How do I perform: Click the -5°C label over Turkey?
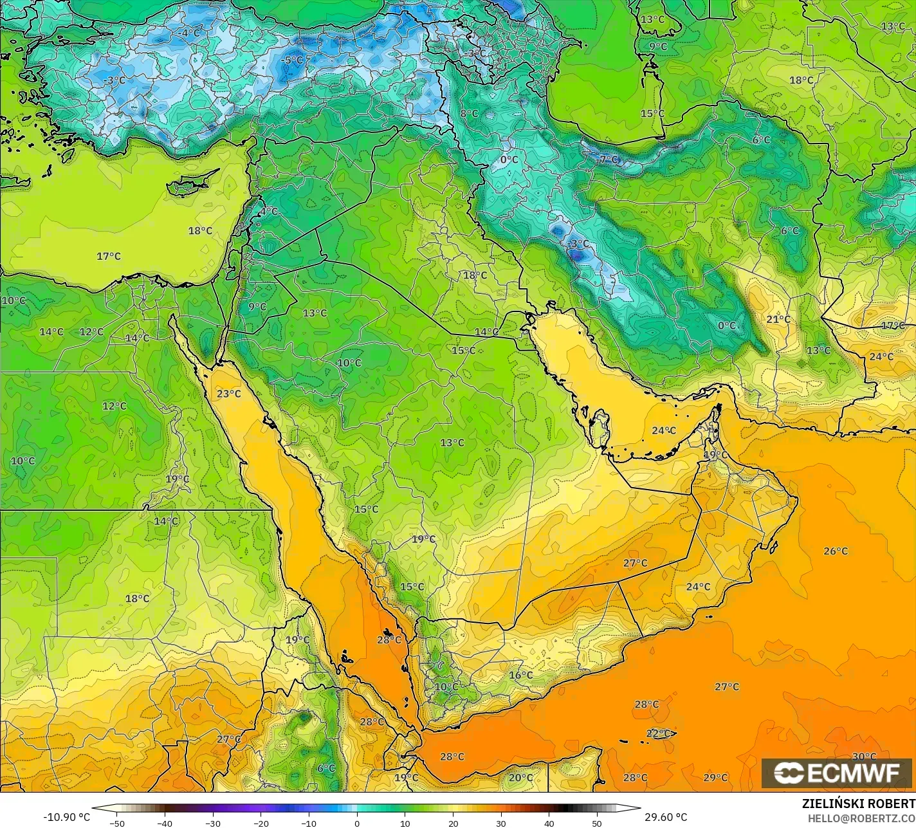click(x=293, y=60)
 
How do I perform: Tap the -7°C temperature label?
click(x=608, y=159)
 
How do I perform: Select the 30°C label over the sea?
click(x=864, y=756)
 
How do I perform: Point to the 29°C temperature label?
click(x=715, y=777)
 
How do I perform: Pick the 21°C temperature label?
click(x=778, y=319)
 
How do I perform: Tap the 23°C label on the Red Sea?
click(x=228, y=393)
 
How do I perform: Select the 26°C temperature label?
click(x=836, y=551)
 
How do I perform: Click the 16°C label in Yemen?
click(x=520, y=675)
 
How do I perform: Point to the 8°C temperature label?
click(x=468, y=113)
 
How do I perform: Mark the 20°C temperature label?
click(x=520, y=777)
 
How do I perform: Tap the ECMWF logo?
click(x=836, y=773)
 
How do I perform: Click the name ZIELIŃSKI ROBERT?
click(x=858, y=804)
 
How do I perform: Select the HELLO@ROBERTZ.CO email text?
click(x=861, y=817)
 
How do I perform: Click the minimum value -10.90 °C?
click(x=66, y=817)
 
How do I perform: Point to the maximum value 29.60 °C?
click(x=666, y=817)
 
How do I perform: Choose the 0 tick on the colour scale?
click(x=357, y=823)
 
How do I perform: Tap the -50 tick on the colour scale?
click(x=116, y=823)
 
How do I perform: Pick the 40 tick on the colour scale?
click(x=549, y=823)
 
